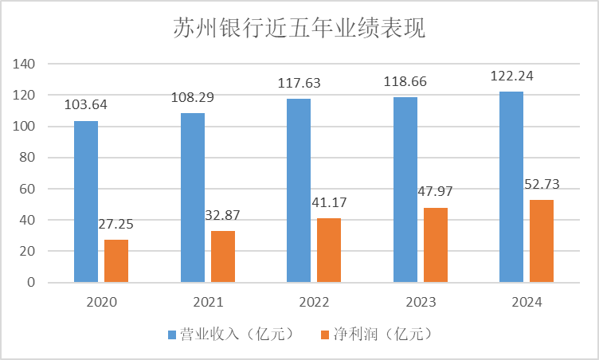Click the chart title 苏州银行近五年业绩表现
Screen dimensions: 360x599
click(299, 29)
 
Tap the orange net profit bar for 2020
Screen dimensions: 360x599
click(116, 260)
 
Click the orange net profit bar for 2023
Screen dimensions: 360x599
click(436, 245)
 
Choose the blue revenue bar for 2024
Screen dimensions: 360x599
click(511, 187)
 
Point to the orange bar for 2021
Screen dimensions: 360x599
click(223, 256)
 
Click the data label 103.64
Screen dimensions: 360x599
click(87, 104)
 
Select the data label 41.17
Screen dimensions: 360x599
click(328, 202)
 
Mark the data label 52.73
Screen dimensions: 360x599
click(542, 184)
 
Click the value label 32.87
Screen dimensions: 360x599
click(222, 215)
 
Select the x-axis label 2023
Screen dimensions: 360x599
click(421, 303)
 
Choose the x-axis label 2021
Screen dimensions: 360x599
click(208, 303)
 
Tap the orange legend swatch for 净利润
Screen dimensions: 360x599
click(323, 333)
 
